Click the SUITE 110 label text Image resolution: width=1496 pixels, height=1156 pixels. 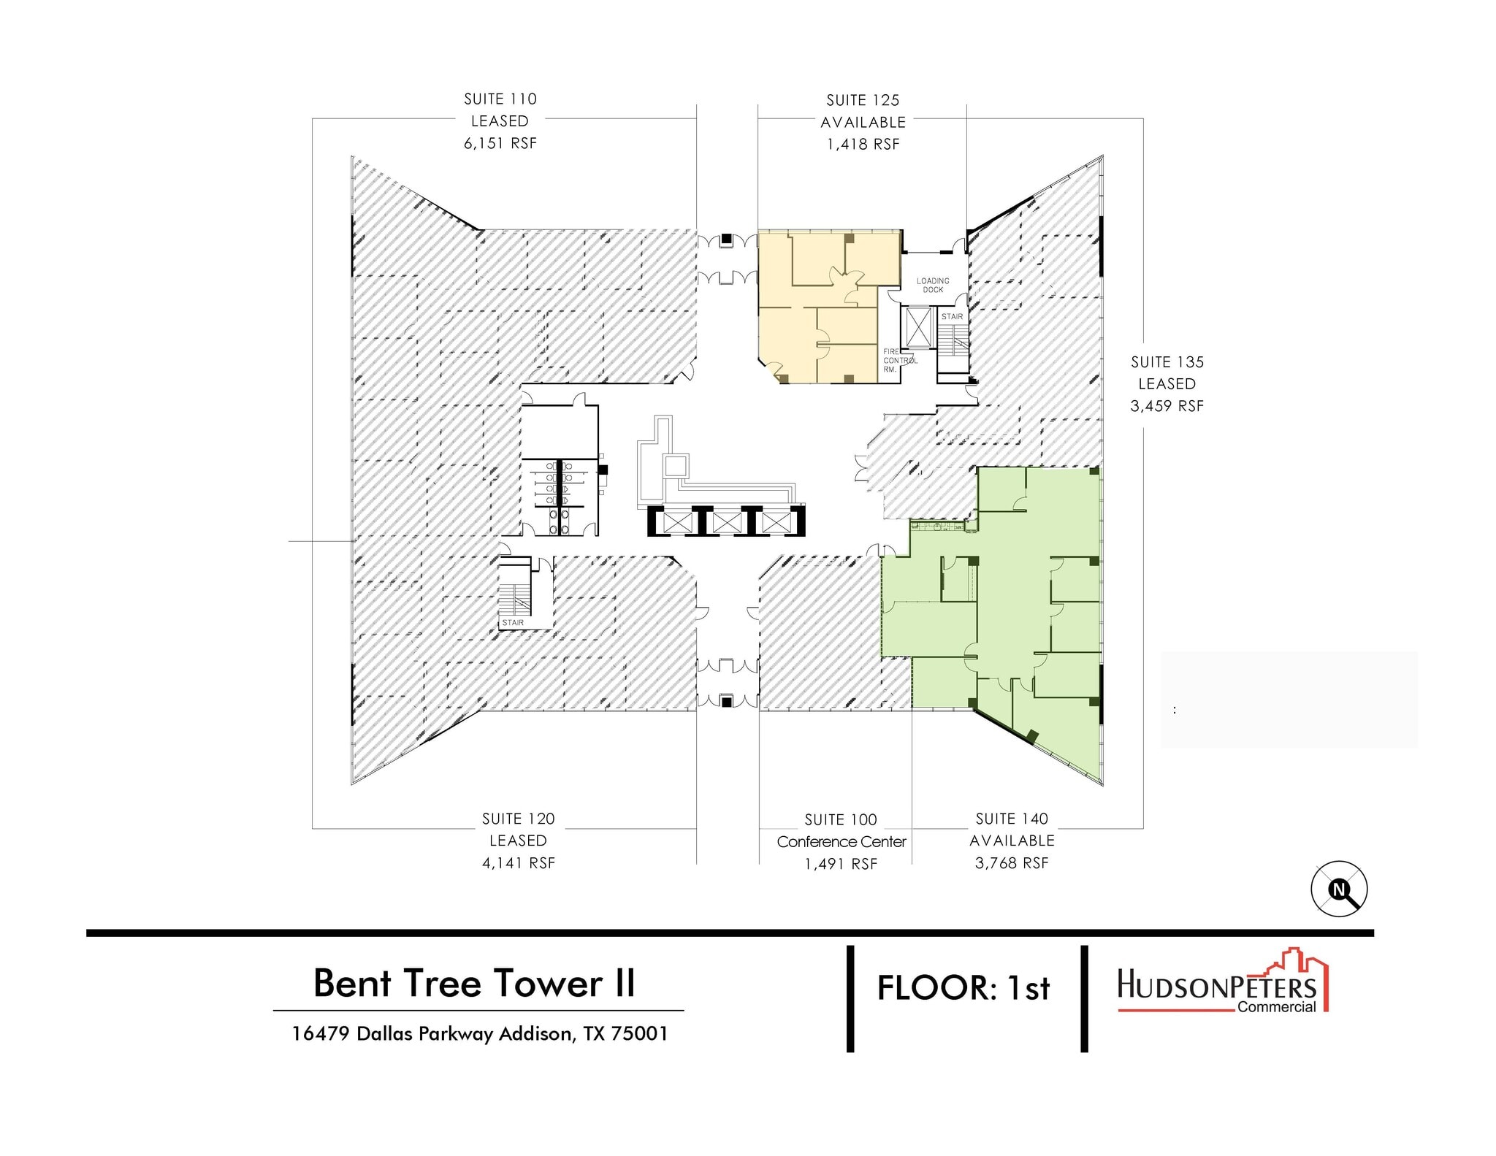click(500, 99)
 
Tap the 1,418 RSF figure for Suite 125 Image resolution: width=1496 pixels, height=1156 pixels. click(863, 145)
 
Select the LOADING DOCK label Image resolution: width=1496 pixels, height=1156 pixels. click(933, 286)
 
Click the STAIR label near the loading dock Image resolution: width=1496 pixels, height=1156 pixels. click(952, 317)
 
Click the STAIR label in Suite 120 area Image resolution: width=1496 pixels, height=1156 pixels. click(513, 623)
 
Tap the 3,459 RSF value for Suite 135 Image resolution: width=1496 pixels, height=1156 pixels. click(1167, 406)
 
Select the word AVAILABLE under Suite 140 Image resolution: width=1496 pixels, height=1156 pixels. click(1012, 841)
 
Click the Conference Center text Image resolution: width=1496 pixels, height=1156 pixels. click(841, 842)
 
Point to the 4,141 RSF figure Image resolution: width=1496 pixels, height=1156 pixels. click(518, 863)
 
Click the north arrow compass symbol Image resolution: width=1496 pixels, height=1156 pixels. click(1338, 889)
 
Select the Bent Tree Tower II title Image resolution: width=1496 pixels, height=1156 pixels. click(474, 983)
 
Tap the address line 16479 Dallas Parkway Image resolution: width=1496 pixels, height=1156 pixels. click(479, 1034)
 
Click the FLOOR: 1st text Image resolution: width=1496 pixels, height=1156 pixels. click(963, 989)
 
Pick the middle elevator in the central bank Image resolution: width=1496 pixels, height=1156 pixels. click(727, 521)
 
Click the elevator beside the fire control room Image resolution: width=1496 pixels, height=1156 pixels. click(918, 327)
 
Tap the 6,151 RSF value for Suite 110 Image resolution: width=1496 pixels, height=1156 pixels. click(500, 144)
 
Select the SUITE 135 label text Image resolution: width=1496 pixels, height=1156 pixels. click(1167, 362)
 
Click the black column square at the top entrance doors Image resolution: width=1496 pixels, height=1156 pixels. click(727, 240)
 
